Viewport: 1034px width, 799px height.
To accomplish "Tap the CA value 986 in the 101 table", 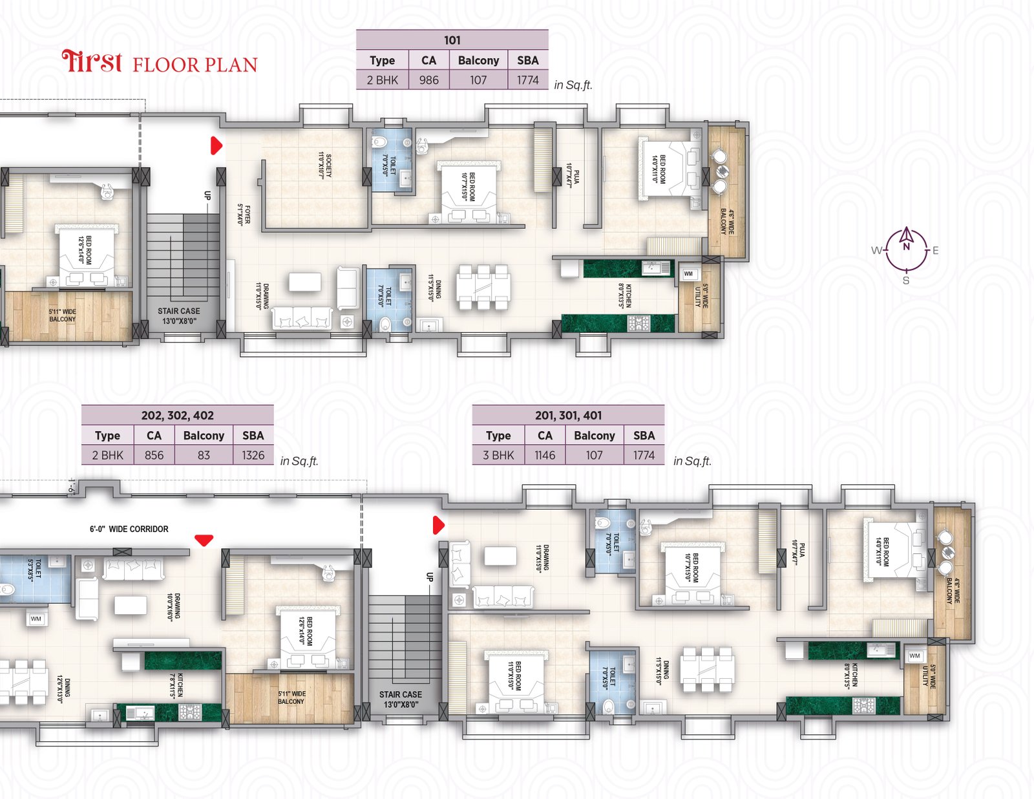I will pos(428,80).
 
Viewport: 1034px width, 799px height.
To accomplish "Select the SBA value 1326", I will pos(253,455).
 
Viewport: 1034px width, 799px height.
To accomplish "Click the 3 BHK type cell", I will pos(498,455).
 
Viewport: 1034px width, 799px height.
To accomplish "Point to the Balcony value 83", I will pos(204,455).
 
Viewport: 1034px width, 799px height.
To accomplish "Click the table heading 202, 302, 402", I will pos(177,416).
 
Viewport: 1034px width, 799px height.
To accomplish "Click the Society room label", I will pos(324,165).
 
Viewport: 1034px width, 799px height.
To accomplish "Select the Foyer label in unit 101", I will pos(244,215).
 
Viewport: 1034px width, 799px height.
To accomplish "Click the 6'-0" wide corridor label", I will pos(129,529).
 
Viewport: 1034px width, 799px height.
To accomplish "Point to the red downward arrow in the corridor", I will pos(204,540).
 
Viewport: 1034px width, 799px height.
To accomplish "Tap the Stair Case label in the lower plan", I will pos(401,699).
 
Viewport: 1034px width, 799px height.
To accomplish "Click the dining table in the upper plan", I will pos(483,286).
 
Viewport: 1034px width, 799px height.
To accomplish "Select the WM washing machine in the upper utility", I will pos(688,274).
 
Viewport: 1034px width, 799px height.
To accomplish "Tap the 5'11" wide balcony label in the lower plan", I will pos(292,698).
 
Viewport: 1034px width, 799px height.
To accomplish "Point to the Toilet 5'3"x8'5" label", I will pos(34,569).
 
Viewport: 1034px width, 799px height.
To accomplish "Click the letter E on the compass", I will pos(935,251).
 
